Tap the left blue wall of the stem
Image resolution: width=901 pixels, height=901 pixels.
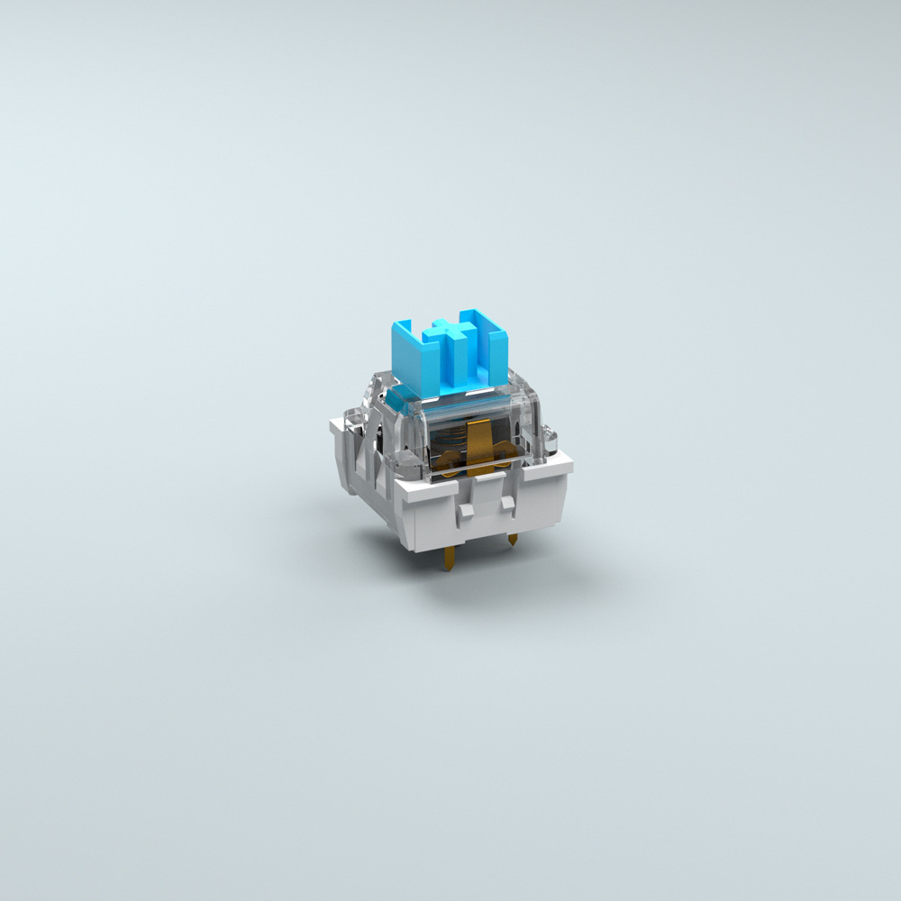pyautogui.click(x=411, y=356)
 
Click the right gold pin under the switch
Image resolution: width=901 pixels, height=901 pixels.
pyautogui.click(x=512, y=541)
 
